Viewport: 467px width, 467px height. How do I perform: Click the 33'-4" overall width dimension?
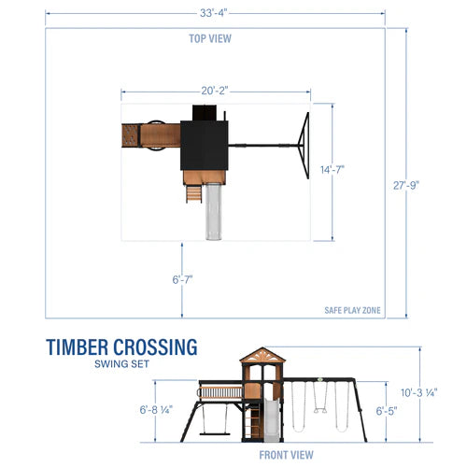click(215, 12)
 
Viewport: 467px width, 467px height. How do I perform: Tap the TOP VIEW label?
click(210, 38)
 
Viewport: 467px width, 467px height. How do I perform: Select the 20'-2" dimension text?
click(215, 91)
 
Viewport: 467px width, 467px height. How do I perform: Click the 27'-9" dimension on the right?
click(407, 184)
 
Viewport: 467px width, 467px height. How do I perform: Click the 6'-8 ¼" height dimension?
click(157, 409)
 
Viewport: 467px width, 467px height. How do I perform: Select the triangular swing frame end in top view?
click(301, 145)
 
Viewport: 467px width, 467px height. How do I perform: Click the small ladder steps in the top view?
click(192, 192)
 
